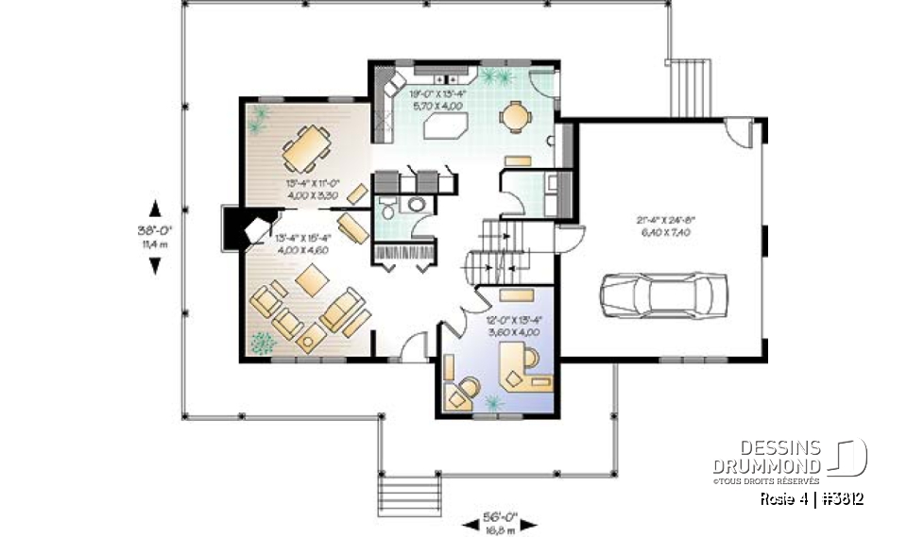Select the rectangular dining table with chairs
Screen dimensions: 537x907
(304, 147)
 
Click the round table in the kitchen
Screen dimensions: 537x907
(515, 115)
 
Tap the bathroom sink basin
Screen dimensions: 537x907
(417, 204)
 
